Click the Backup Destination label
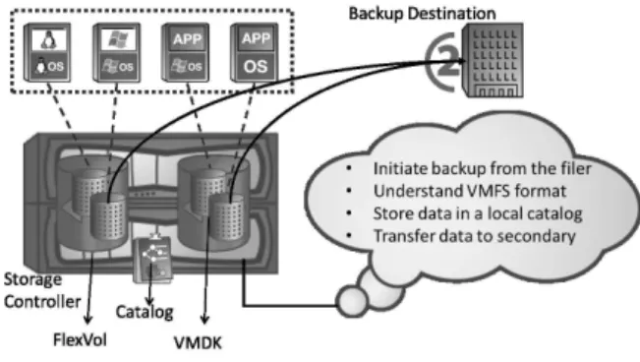click(422, 14)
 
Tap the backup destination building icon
click(493, 60)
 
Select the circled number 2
click(445, 62)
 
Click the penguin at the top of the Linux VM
click(48, 40)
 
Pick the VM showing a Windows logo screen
click(117, 52)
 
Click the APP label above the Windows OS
click(188, 39)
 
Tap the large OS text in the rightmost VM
click(256, 66)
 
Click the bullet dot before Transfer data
click(349, 235)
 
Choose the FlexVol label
click(80, 340)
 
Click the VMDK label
click(198, 342)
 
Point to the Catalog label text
click(145, 312)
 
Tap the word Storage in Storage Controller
click(32, 280)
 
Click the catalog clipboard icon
click(153, 260)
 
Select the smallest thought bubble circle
click(351, 302)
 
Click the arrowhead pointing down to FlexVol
click(87, 318)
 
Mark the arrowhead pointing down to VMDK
click(204, 319)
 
